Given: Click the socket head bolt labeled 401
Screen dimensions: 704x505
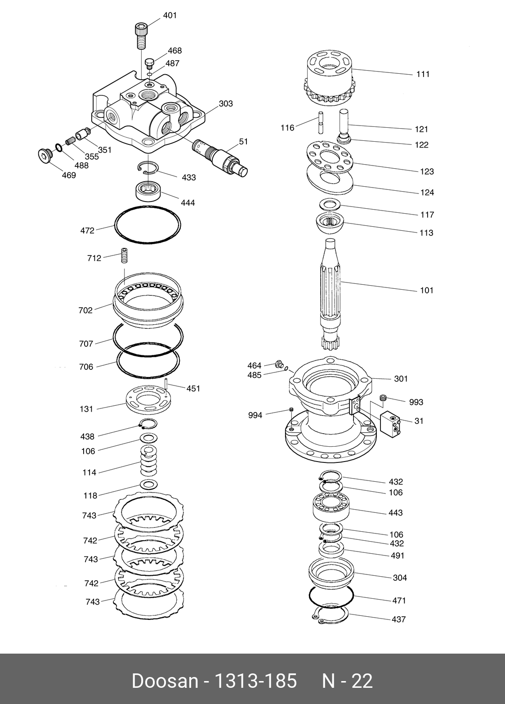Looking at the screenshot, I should tap(140, 35).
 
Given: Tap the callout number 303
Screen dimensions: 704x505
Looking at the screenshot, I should tap(226, 104).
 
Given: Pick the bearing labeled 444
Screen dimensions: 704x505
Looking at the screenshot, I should tap(148, 191).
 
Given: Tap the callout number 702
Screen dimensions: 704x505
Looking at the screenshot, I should tap(85, 310).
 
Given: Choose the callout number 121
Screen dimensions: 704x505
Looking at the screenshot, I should tap(421, 130).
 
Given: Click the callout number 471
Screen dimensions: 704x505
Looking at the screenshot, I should tap(399, 601).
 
